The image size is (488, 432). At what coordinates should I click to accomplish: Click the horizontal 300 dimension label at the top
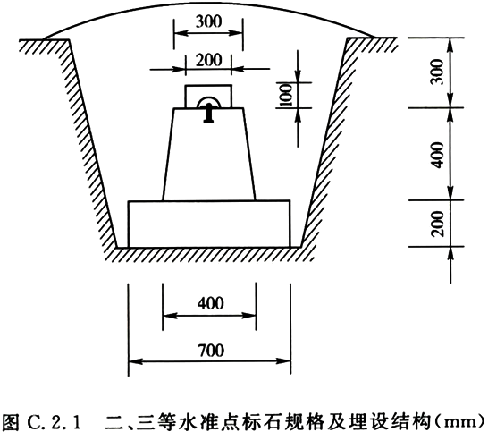click(x=208, y=21)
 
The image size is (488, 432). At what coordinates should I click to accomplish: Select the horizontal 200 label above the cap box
click(x=209, y=60)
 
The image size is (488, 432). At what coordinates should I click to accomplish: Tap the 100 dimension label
click(x=286, y=95)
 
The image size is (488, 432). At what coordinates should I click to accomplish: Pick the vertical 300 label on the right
click(x=438, y=72)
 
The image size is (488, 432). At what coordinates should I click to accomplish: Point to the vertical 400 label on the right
click(x=438, y=155)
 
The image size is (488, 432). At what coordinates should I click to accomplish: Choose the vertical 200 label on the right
click(x=438, y=224)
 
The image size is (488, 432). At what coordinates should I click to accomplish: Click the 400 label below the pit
click(x=210, y=303)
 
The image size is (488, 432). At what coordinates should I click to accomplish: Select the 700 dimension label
click(x=211, y=350)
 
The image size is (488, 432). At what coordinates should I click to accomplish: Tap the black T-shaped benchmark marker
click(x=208, y=113)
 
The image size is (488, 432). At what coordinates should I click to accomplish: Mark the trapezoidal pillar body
click(x=209, y=154)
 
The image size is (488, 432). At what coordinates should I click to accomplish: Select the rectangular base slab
click(x=209, y=224)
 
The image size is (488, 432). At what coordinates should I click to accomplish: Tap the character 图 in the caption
click(x=12, y=421)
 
